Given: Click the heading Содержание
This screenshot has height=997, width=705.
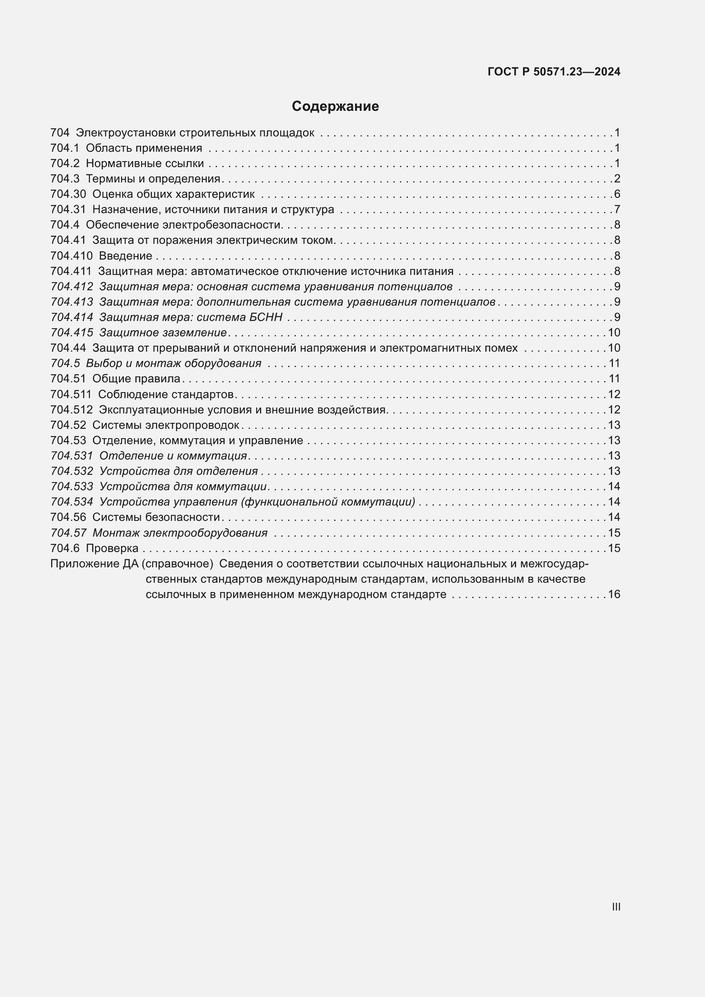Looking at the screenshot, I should click(x=335, y=107).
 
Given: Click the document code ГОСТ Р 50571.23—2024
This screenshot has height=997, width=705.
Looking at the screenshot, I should click(x=554, y=72).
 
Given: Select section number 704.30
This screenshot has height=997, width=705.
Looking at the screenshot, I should click(x=68, y=194).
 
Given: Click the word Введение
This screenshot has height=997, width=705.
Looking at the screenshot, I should click(x=125, y=256).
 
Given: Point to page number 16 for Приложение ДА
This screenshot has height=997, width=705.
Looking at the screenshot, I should click(x=614, y=594).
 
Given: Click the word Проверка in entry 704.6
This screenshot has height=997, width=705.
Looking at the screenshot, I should click(x=112, y=548).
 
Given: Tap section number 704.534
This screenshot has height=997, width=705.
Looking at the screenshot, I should click(x=72, y=502).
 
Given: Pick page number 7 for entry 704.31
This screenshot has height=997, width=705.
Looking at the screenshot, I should click(x=617, y=209).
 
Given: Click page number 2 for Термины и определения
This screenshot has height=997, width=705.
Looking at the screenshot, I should click(x=617, y=179).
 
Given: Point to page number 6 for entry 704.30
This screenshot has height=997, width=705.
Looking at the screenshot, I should click(x=617, y=194).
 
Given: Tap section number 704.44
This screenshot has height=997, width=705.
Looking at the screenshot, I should click(x=68, y=348).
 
